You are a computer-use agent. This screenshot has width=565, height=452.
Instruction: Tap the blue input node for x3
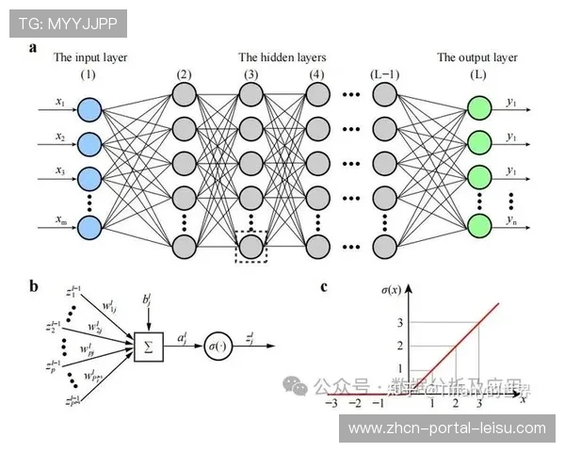(89, 178)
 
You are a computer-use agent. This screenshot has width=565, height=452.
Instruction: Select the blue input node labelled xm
(89, 228)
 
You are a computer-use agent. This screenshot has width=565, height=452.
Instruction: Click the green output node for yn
(480, 226)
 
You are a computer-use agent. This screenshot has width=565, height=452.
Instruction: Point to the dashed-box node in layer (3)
(250, 246)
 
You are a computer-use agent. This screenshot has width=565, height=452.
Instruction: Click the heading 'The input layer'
(89, 57)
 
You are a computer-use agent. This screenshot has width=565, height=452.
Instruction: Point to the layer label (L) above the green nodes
(477, 74)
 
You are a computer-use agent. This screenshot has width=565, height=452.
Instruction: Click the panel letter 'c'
(324, 287)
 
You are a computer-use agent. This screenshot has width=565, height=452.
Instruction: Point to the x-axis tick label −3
(330, 403)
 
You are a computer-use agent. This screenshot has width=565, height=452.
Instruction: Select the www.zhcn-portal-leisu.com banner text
(446, 428)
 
